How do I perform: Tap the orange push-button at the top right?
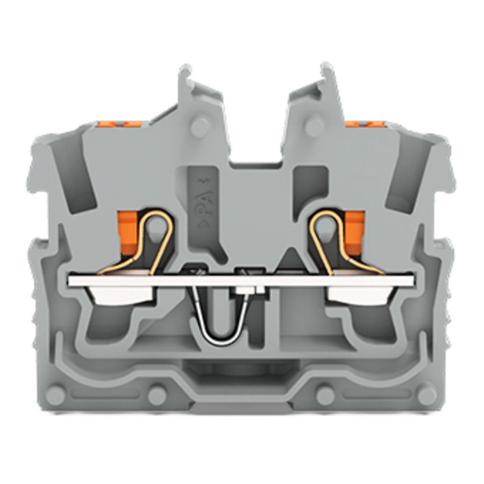(x=355, y=124)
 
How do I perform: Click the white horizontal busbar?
(x=242, y=280)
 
